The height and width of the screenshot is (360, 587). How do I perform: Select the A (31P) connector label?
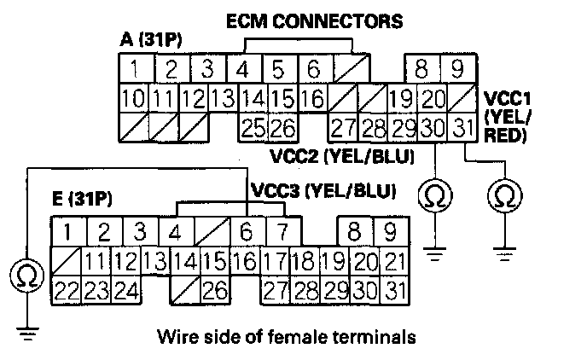tap(151, 40)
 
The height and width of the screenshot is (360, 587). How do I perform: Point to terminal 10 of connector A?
tap(132, 98)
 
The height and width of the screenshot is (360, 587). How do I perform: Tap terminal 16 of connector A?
tap(312, 98)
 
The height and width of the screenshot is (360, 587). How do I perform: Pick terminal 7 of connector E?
tap(278, 231)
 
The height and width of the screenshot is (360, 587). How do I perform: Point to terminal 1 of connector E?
tap(67, 231)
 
